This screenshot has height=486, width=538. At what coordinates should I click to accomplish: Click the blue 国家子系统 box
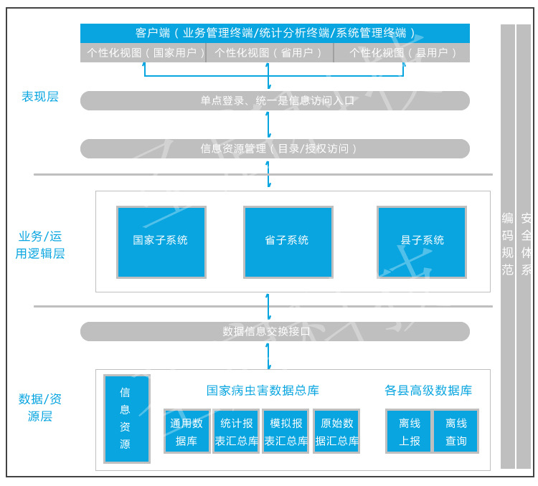(x=161, y=242)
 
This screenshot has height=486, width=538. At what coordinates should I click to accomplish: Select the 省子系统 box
(x=288, y=242)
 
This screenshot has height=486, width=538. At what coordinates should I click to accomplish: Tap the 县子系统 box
(x=421, y=242)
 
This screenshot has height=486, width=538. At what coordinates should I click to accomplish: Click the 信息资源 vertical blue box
(x=126, y=419)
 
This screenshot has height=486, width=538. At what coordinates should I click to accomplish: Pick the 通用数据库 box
(x=187, y=432)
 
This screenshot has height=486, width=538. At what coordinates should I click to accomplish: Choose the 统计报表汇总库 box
(x=236, y=432)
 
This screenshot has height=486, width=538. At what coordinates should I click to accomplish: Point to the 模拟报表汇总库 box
(x=285, y=432)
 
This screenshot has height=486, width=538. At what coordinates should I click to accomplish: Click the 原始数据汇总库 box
(x=336, y=432)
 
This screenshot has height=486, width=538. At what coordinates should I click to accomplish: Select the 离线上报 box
(x=409, y=432)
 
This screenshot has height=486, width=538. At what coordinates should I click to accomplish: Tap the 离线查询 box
(x=456, y=432)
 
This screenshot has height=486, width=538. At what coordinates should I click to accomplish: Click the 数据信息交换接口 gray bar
(x=275, y=331)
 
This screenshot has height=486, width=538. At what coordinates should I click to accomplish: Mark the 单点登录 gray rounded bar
(x=275, y=100)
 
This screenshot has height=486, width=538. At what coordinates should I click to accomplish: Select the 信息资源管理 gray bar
(x=275, y=148)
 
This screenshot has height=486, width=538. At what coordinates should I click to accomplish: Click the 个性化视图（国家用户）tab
(x=143, y=52)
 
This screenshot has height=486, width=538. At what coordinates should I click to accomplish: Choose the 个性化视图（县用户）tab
(x=402, y=52)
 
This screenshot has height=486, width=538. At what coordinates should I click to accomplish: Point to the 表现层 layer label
(x=40, y=97)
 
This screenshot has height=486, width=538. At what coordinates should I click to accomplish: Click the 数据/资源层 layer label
(x=40, y=407)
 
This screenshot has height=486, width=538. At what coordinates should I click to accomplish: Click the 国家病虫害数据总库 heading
(x=263, y=391)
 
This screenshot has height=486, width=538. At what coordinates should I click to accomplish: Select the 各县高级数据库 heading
(x=428, y=391)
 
